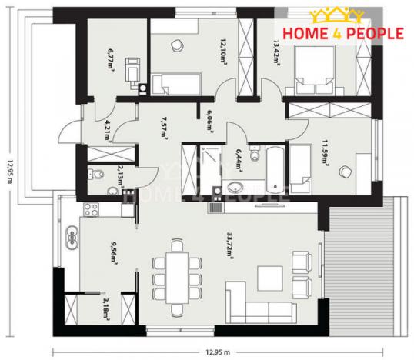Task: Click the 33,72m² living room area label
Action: tap(230, 247)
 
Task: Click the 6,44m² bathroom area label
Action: tap(239, 161)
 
